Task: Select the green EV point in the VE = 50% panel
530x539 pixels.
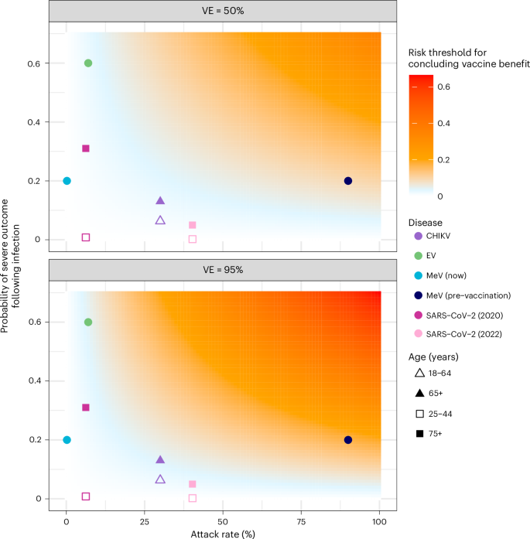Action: coord(88,63)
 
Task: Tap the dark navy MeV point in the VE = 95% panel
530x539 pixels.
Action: coord(348,440)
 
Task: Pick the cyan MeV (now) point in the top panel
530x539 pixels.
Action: coord(67,181)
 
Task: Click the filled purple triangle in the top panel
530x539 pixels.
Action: coord(160,201)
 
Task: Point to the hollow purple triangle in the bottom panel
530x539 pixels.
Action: coord(160,479)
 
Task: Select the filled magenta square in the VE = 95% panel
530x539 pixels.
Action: coord(86,408)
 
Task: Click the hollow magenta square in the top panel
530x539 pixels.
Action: coord(86,237)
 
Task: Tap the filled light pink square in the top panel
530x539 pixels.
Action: coord(192,225)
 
